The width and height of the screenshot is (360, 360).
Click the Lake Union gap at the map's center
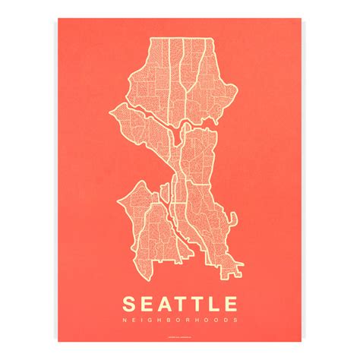pos(175,136)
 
